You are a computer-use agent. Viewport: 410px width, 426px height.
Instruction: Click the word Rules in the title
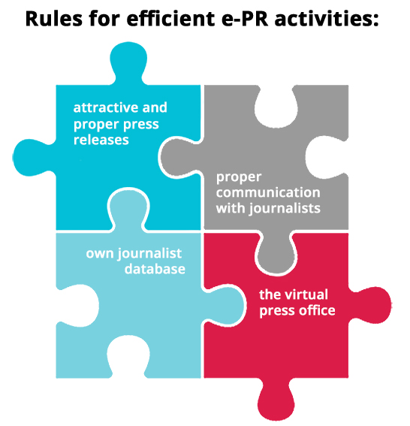click(53, 19)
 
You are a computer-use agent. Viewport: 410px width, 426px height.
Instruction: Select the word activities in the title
click(327, 19)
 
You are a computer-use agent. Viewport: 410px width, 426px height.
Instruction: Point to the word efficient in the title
click(170, 19)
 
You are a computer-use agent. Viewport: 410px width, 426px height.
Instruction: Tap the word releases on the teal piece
click(101, 140)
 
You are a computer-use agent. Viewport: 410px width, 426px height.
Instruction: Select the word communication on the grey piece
click(268, 192)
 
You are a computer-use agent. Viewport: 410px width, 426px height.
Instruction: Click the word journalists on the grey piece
click(285, 209)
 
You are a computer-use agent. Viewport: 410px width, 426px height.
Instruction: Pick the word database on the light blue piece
click(155, 269)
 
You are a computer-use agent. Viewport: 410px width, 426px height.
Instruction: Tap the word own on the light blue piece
click(100, 254)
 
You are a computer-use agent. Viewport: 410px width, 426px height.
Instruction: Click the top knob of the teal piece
click(128, 62)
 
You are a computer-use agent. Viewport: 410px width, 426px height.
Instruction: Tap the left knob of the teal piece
click(33, 158)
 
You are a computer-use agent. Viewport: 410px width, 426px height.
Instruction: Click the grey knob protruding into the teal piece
click(179, 157)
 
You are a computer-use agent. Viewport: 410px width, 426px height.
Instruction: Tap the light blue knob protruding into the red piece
click(225, 304)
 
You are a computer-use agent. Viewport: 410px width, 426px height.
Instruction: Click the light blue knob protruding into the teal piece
click(128, 208)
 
